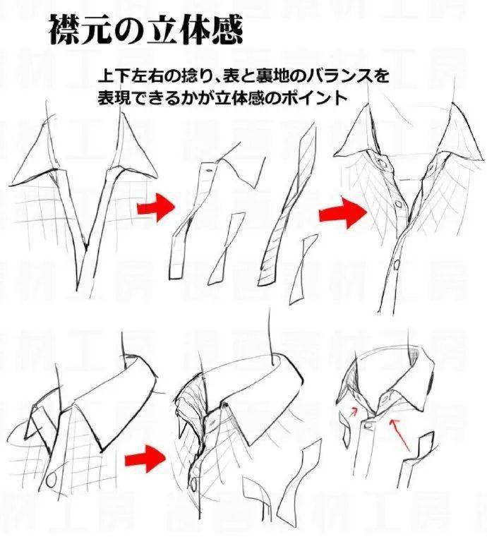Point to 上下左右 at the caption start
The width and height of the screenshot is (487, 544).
pyautogui.click(x=129, y=75)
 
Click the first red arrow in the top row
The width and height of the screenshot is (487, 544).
pyautogui.click(x=155, y=207)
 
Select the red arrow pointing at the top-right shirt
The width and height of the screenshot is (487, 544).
pyautogui.click(x=342, y=212)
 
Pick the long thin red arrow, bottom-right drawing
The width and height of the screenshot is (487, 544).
pyautogui.click(x=402, y=434)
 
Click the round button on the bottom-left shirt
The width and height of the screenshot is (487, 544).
pyautogui.click(x=52, y=479)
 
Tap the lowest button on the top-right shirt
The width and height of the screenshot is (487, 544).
pyautogui.click(x=397, y=265)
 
